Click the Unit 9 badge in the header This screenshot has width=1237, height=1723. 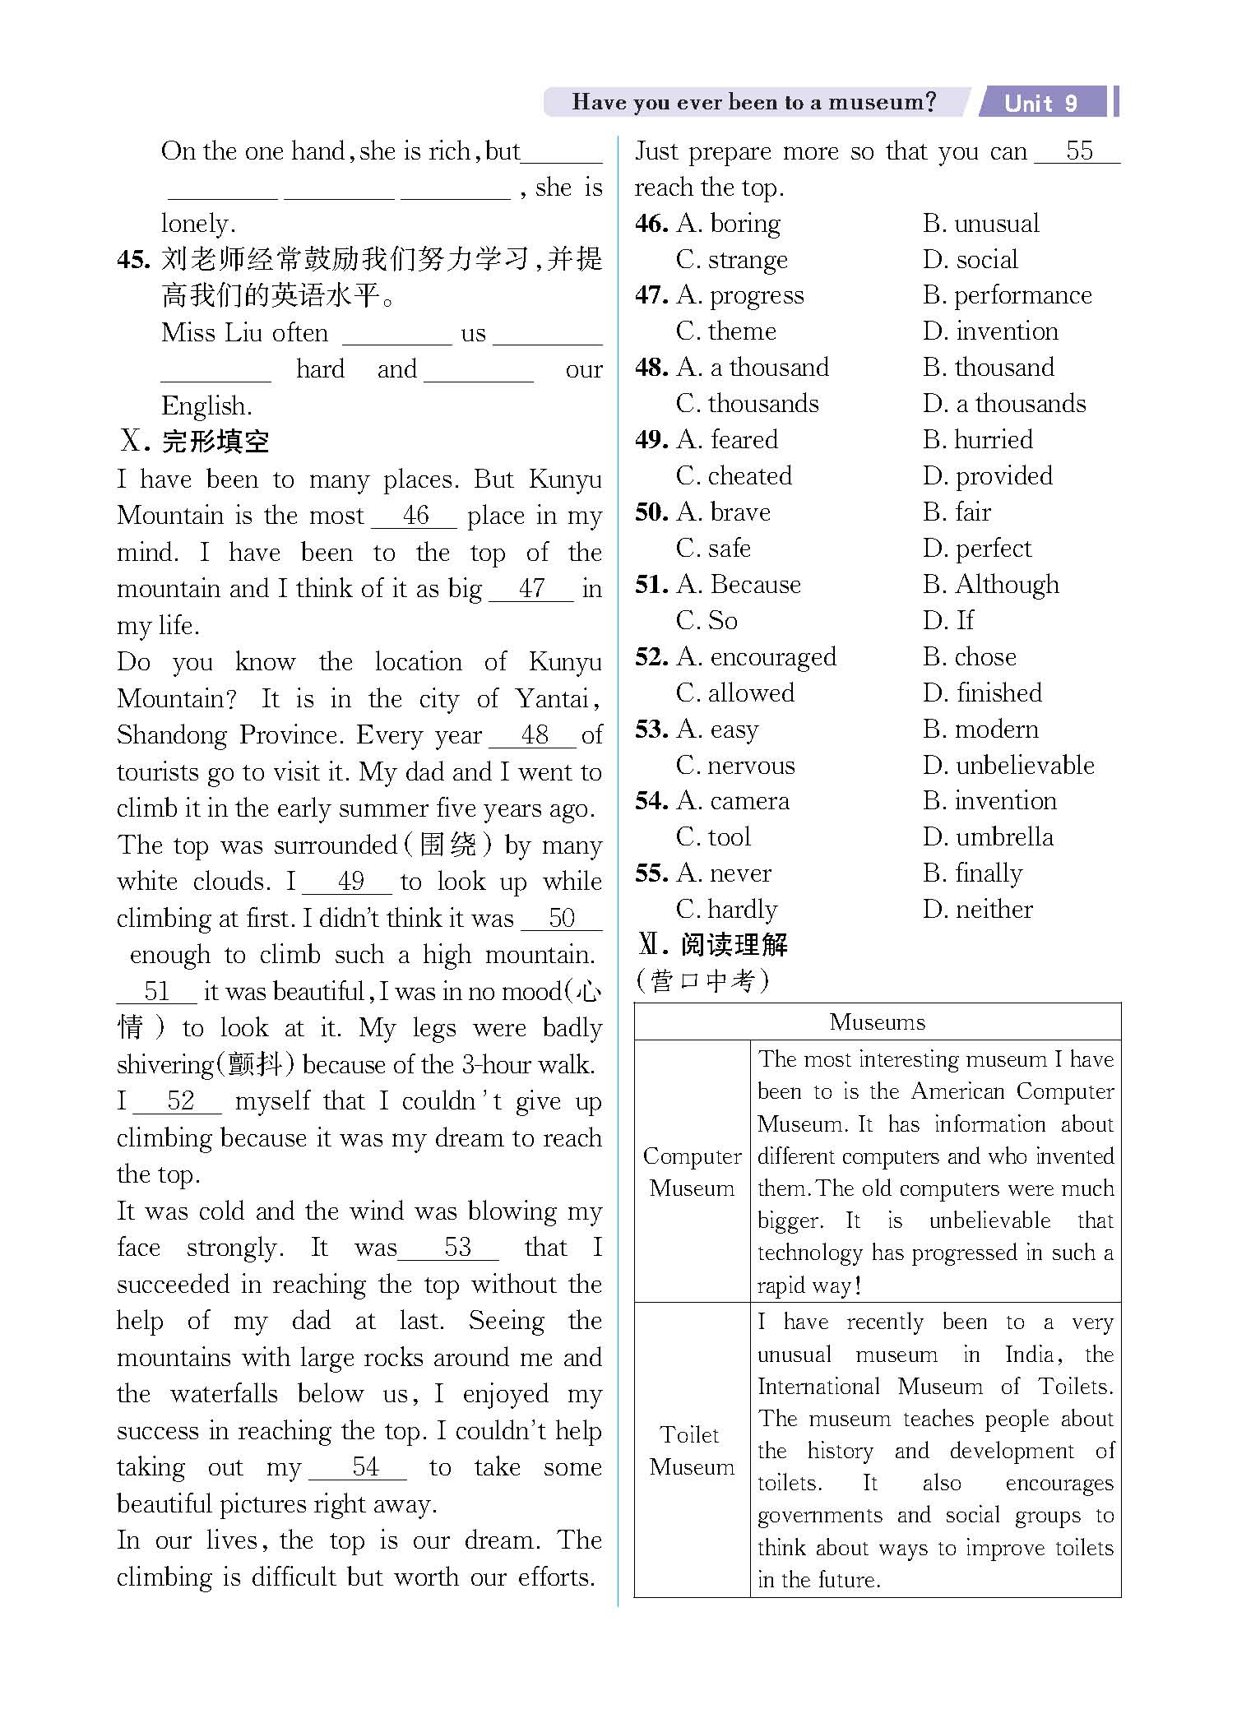click(x=1040, y=103)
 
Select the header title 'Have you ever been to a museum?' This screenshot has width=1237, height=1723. click(x=753, y=102)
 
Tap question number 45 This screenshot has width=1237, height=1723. click(x=133, y=260)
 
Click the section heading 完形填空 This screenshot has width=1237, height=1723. click(x=215, y=442)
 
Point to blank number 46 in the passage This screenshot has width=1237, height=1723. click(x=415, y=516)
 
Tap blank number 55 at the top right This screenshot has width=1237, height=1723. click(x=1078, y=151)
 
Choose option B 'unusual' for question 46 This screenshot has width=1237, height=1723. click(x=980, y=224)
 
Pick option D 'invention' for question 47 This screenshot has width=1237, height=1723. click(x=990, y=331)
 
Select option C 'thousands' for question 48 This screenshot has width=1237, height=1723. click(x=747, y=404)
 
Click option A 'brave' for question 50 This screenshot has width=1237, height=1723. click(x=723, y=512)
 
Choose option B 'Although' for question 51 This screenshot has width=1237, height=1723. click(x=990, y=585)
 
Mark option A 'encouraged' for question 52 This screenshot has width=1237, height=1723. click(x=756, y=657)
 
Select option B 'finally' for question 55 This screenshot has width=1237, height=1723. click(x=972, y=873)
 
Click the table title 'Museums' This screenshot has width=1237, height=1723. click(x=877, y=1022)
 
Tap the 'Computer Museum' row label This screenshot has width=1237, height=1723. click(x=692, y=1172)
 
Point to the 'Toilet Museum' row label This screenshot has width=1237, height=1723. click(x=691, y=1451)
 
